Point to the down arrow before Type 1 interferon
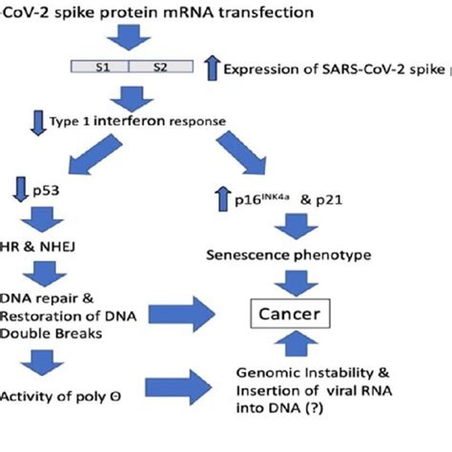pos(39,123)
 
